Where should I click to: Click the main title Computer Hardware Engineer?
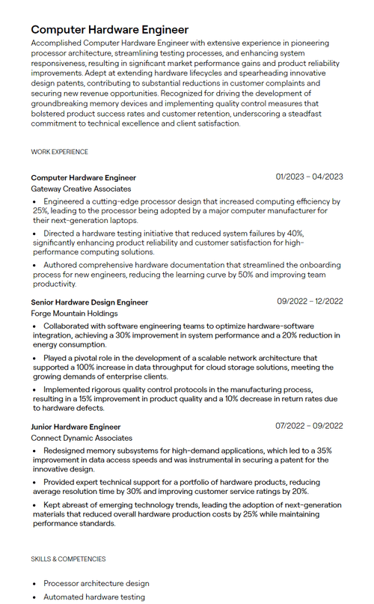point(109,29)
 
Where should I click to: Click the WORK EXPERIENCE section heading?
point(59,152)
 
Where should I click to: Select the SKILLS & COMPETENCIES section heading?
point(68,559)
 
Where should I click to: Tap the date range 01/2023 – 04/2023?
point(309,177)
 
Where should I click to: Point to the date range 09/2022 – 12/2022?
point(310,301)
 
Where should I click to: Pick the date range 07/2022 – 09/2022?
point(310,426)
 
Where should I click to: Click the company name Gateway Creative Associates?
point(81,189)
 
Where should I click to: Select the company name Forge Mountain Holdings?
point(74,314)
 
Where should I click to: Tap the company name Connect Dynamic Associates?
point(82,438)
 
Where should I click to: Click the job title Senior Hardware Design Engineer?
point(89,302)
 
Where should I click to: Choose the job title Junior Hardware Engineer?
point(76,427)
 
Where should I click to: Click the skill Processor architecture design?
point(96,583)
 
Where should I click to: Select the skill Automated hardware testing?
point(93,597)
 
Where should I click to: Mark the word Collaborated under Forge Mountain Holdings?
point(70,326)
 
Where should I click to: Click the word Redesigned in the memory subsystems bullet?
point(69,451)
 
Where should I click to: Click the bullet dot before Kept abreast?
point(34,506)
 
